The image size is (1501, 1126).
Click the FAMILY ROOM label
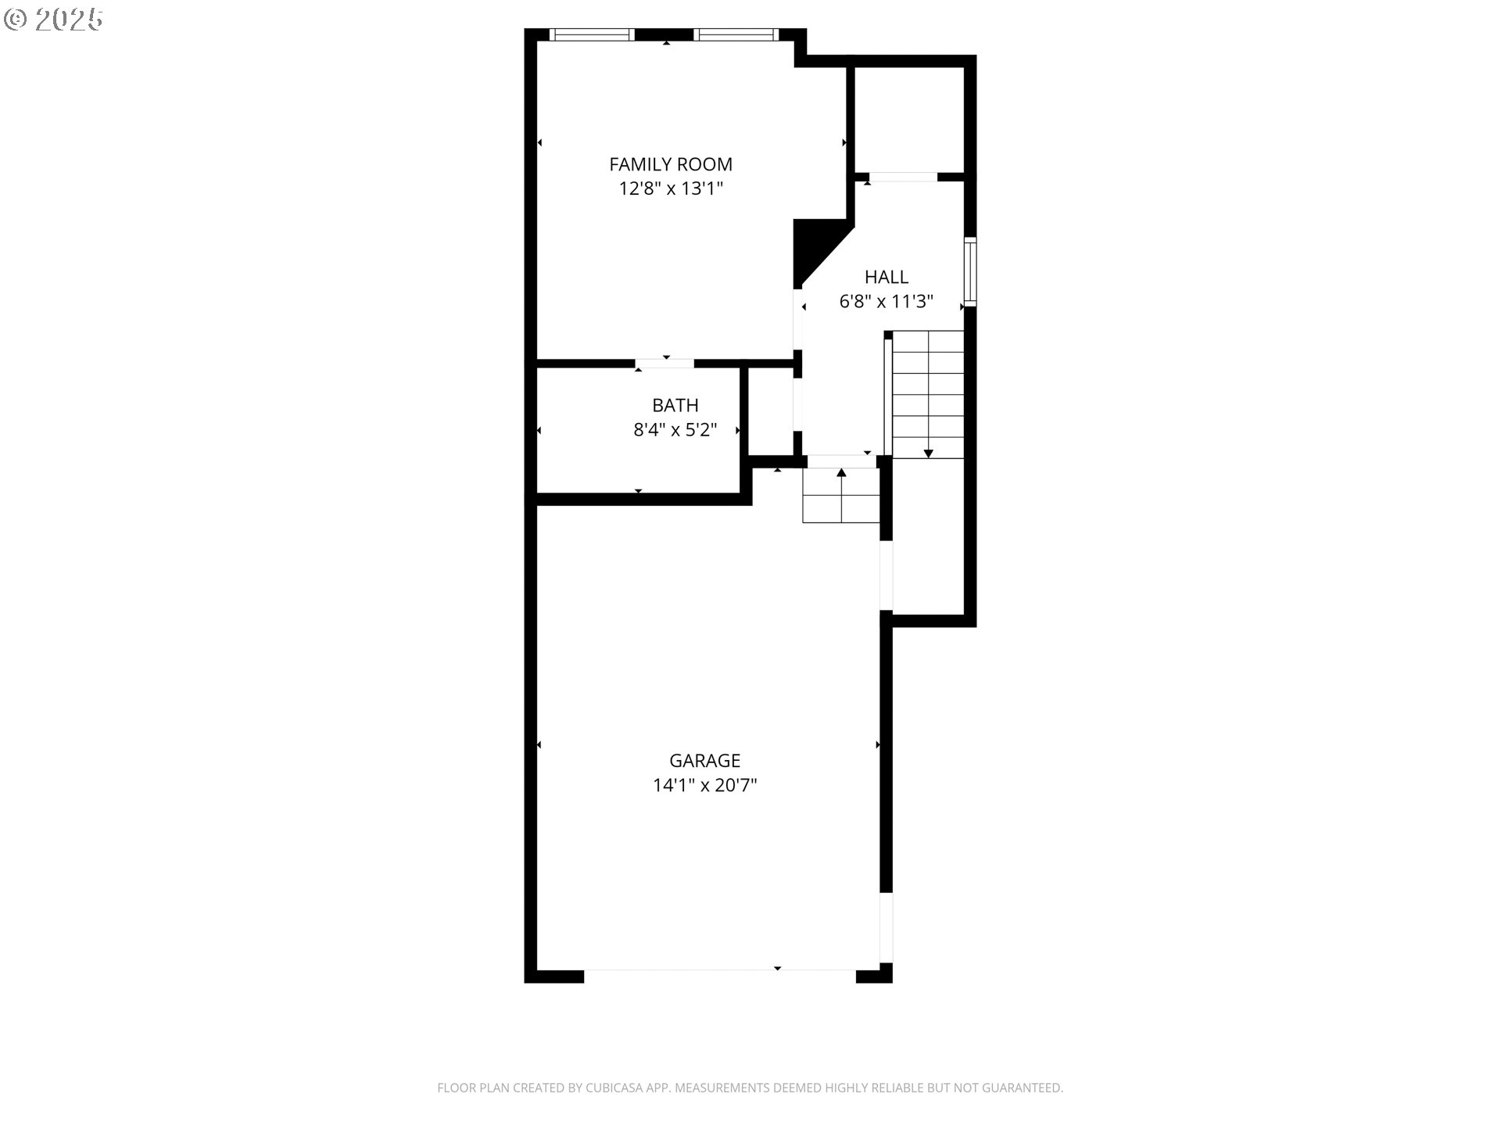[x=671, y=164]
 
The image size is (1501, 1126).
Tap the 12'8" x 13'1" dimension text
[x=671, y=188]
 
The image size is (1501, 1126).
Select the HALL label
[x=887, y=277]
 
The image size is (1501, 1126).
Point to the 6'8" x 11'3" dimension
[x=887, y=301]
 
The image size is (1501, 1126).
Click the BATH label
[x=675, y=405]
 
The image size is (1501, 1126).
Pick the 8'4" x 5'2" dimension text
[x=675, y=429]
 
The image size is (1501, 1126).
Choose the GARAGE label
[x=704, y=760]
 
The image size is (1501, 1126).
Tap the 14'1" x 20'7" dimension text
[x=704, y=784]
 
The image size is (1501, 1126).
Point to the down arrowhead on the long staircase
[x=928, y=454]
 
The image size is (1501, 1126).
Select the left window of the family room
[x=591, y=34]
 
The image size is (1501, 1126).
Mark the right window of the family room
[x=736, y=34]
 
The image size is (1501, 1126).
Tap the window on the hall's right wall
[x=970, y=271]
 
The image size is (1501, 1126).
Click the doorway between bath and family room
[x=665, y=364]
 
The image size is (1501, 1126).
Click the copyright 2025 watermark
[x=53, y=20]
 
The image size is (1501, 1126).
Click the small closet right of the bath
[x=771, y=411]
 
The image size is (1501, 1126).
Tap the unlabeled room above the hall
[x=909, y=120]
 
